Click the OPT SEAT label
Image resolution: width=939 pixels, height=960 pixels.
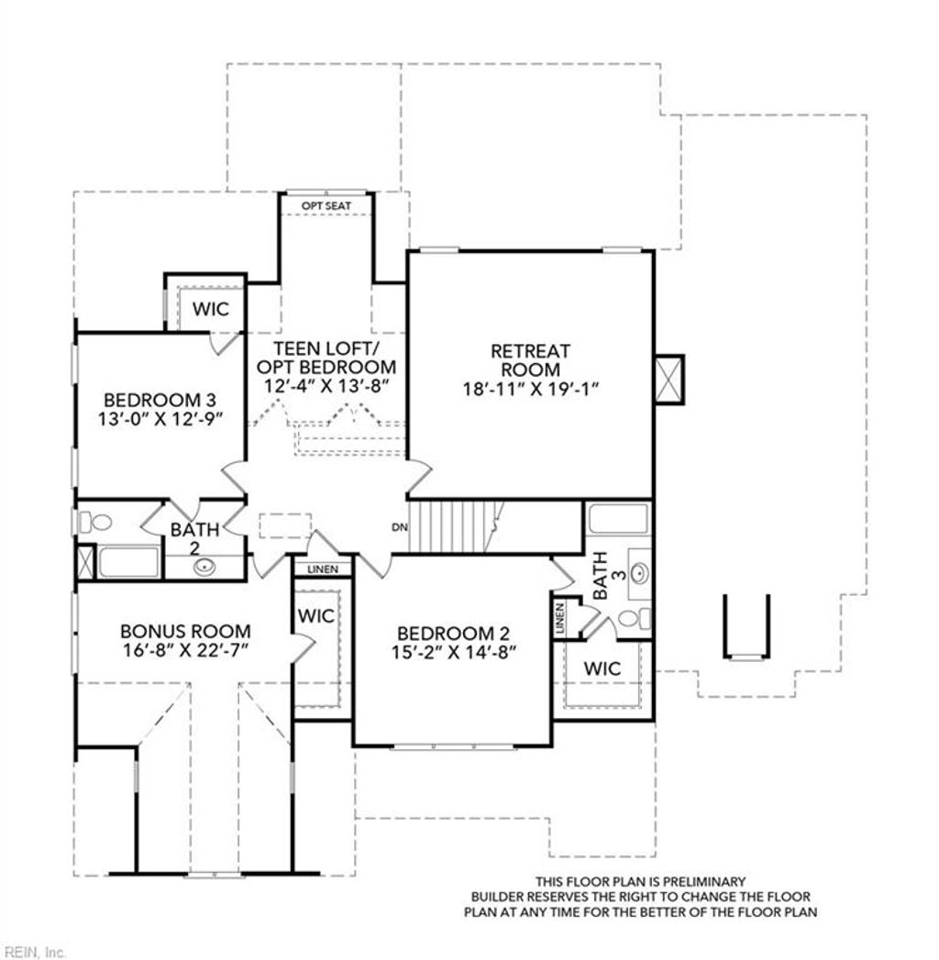click(x=326, y=205)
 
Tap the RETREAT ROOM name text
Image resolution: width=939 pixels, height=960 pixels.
click(x=530, y=359)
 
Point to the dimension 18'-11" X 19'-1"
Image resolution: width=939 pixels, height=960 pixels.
click(x=530, y=388)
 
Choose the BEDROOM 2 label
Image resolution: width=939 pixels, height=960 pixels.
click(x=453, y=634)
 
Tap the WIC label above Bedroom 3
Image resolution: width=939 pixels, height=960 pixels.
click(x=210, y=309)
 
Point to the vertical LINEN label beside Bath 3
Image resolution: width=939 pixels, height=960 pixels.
click(x=560, y=619)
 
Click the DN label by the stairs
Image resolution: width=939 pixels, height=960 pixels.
click(x=399, y=527)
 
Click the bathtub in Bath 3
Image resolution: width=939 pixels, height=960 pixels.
click(x=618, y=519)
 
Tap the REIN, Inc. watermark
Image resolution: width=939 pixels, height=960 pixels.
click(x=34, y=952)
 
